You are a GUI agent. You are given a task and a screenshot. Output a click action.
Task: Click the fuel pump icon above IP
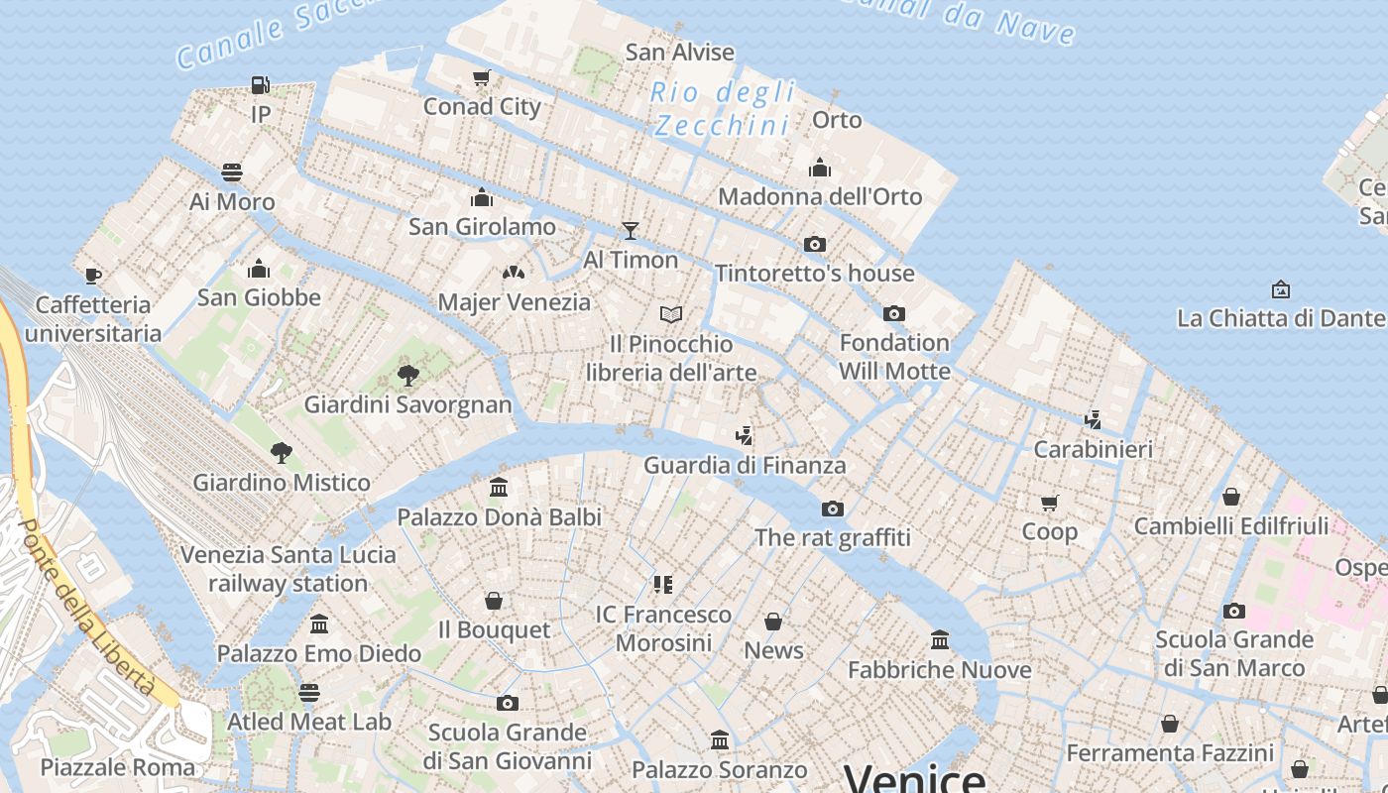tap(260, 85)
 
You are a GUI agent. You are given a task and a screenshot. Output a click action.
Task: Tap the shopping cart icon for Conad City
tap(482, 77)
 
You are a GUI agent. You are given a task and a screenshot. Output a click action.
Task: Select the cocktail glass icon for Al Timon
tap(631, 231)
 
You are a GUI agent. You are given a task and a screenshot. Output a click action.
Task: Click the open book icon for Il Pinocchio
tap(671, 315)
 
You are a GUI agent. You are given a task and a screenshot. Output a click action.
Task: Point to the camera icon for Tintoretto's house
tap(814, 244)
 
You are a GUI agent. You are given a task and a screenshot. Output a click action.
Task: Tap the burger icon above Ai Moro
tap(232, 172)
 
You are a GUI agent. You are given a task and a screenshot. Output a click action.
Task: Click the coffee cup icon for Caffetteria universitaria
tap(93, 276)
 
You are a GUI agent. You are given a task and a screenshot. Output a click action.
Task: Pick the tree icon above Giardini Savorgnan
tap(407, 376)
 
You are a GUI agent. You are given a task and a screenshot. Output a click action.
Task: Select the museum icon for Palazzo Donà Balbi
tap(499, 488)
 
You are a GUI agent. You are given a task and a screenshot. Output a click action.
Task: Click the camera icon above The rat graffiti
tap(832, 509)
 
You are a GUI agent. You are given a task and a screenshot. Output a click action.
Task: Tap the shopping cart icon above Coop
tap(1049, 503)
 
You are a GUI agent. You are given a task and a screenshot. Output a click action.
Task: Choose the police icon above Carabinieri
tap(1093, 420)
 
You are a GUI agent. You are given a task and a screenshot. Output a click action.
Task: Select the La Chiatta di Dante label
tap(1281, 318)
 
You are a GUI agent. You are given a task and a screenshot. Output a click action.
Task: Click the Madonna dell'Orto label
tap(820, 196)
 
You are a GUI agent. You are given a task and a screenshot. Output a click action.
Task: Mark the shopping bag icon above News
tap(773, 622)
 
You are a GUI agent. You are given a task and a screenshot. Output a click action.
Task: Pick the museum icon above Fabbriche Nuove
tap(940, 640)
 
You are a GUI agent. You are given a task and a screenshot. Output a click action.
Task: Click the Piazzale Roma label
tap(118, 766)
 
